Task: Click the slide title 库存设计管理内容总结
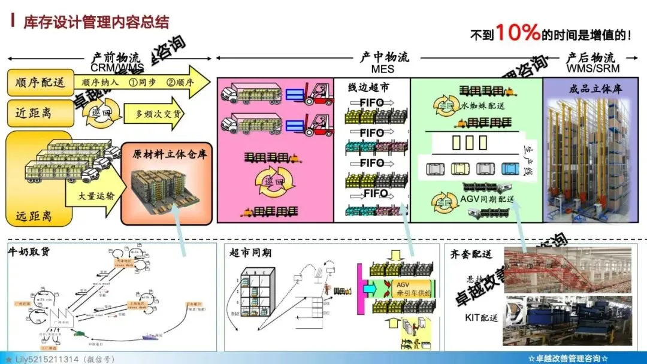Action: (96, 23)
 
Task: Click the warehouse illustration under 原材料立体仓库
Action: (166, 190)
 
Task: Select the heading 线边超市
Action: (369, 87)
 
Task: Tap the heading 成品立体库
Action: (595, 89)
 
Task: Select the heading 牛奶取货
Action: (28, 251)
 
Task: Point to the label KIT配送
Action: (482, 317)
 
